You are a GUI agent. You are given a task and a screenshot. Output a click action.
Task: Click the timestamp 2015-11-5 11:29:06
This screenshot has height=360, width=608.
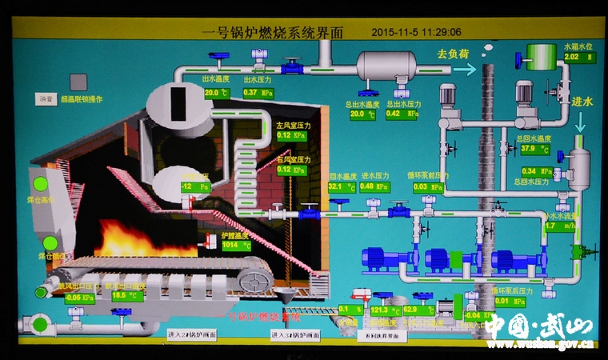tap(417, 32)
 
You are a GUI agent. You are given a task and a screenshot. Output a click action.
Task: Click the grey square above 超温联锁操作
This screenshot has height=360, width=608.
tap(78, 82)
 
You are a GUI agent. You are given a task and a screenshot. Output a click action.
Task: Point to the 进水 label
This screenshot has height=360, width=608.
tap(582, 102)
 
